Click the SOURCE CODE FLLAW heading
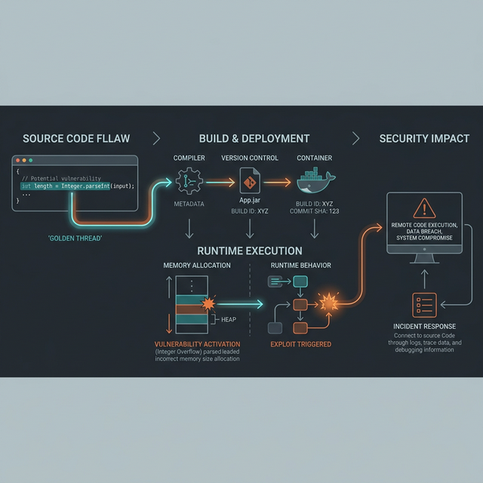[x=75, y=139]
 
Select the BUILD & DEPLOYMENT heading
[x=254, y=139]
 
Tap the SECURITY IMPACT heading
[x=424, y=139]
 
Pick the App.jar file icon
[x=249, y=181]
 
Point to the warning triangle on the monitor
[x=425, y=208]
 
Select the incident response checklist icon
[x=424, y=305]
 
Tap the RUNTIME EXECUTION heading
[x=250, y=251]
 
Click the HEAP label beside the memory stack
[x=229, y=319]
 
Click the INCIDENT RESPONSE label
[x=424, y=327]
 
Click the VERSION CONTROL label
[x=250, y=158]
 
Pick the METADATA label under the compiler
[x=189, y=204]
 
